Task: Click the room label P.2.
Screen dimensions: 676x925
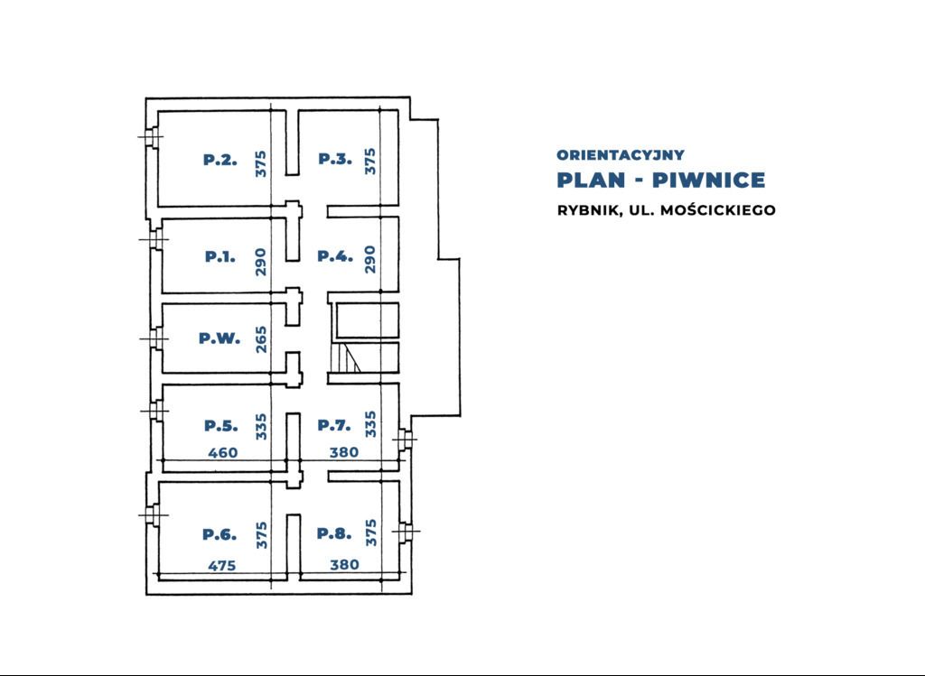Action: [x=220, y=161]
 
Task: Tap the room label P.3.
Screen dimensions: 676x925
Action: [x=334, y=160]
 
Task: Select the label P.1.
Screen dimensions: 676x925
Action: [x=220, y=256]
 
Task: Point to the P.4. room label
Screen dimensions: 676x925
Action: [x=334, y=256]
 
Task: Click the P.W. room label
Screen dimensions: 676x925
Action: [x=220, y=339]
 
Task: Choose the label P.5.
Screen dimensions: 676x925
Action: [x=220, y=426]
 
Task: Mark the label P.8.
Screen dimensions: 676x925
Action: [x=333, y=533]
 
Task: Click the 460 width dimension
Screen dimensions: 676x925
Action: [x=223, y=453]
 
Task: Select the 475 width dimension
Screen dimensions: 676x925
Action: [x=221, y=567]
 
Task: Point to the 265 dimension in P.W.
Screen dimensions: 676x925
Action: [x=261, y=339]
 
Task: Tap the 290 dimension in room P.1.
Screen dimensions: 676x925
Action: [x=261, y=261]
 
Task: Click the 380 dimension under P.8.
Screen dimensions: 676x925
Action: [x=344, y=566]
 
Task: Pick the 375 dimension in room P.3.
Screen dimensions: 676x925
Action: [x=369, y=162]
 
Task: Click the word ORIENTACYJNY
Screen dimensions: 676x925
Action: [x=621, y=155]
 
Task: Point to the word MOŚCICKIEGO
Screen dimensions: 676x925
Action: [x=718, y=210]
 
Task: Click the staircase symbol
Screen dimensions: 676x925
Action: [x=347, y=359]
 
